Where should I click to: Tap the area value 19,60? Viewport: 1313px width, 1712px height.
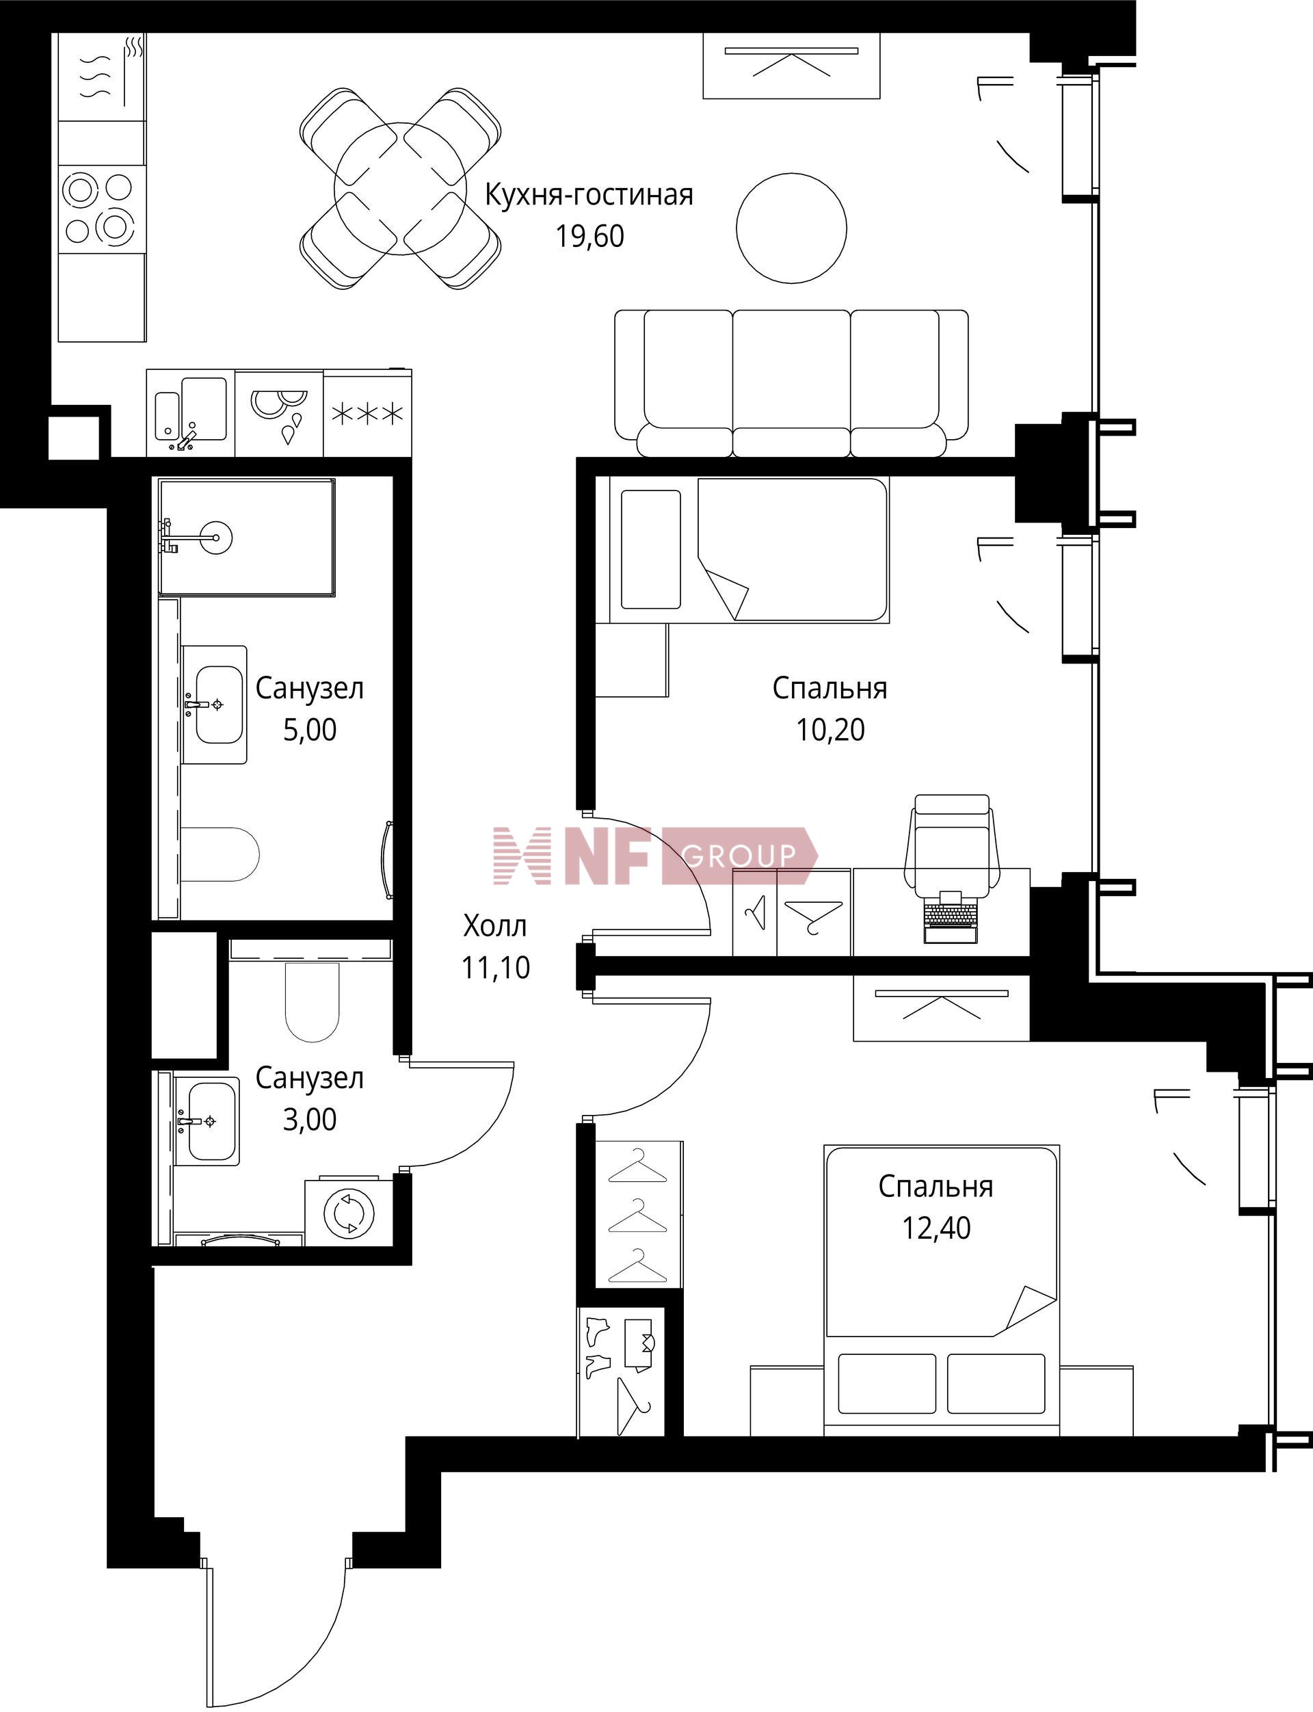590,236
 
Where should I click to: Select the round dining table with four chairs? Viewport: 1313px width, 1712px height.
400,188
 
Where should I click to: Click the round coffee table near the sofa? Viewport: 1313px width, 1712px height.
791,228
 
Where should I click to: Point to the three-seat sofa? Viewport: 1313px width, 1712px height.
791,383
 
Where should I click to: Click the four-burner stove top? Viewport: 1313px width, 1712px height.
103,209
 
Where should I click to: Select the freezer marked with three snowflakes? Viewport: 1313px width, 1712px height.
367,414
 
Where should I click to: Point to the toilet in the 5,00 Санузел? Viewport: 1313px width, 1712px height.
220,854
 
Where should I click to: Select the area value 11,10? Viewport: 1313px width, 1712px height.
496,968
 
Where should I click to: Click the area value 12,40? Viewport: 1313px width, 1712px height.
936,1228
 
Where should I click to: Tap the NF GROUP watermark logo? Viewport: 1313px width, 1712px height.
655,856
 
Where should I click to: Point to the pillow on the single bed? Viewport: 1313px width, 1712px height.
650,549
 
